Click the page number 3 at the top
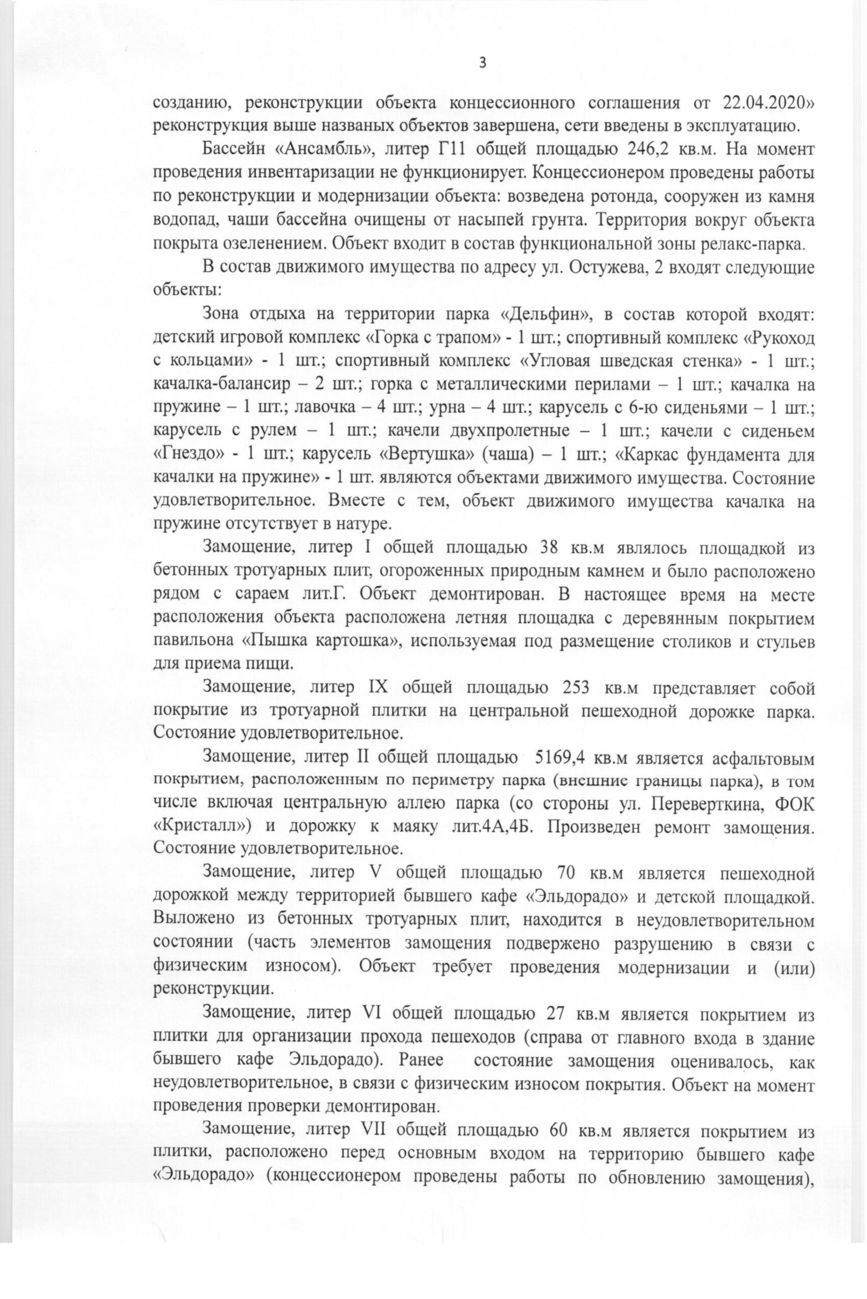pyautogui.click(x=481, y=63)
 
